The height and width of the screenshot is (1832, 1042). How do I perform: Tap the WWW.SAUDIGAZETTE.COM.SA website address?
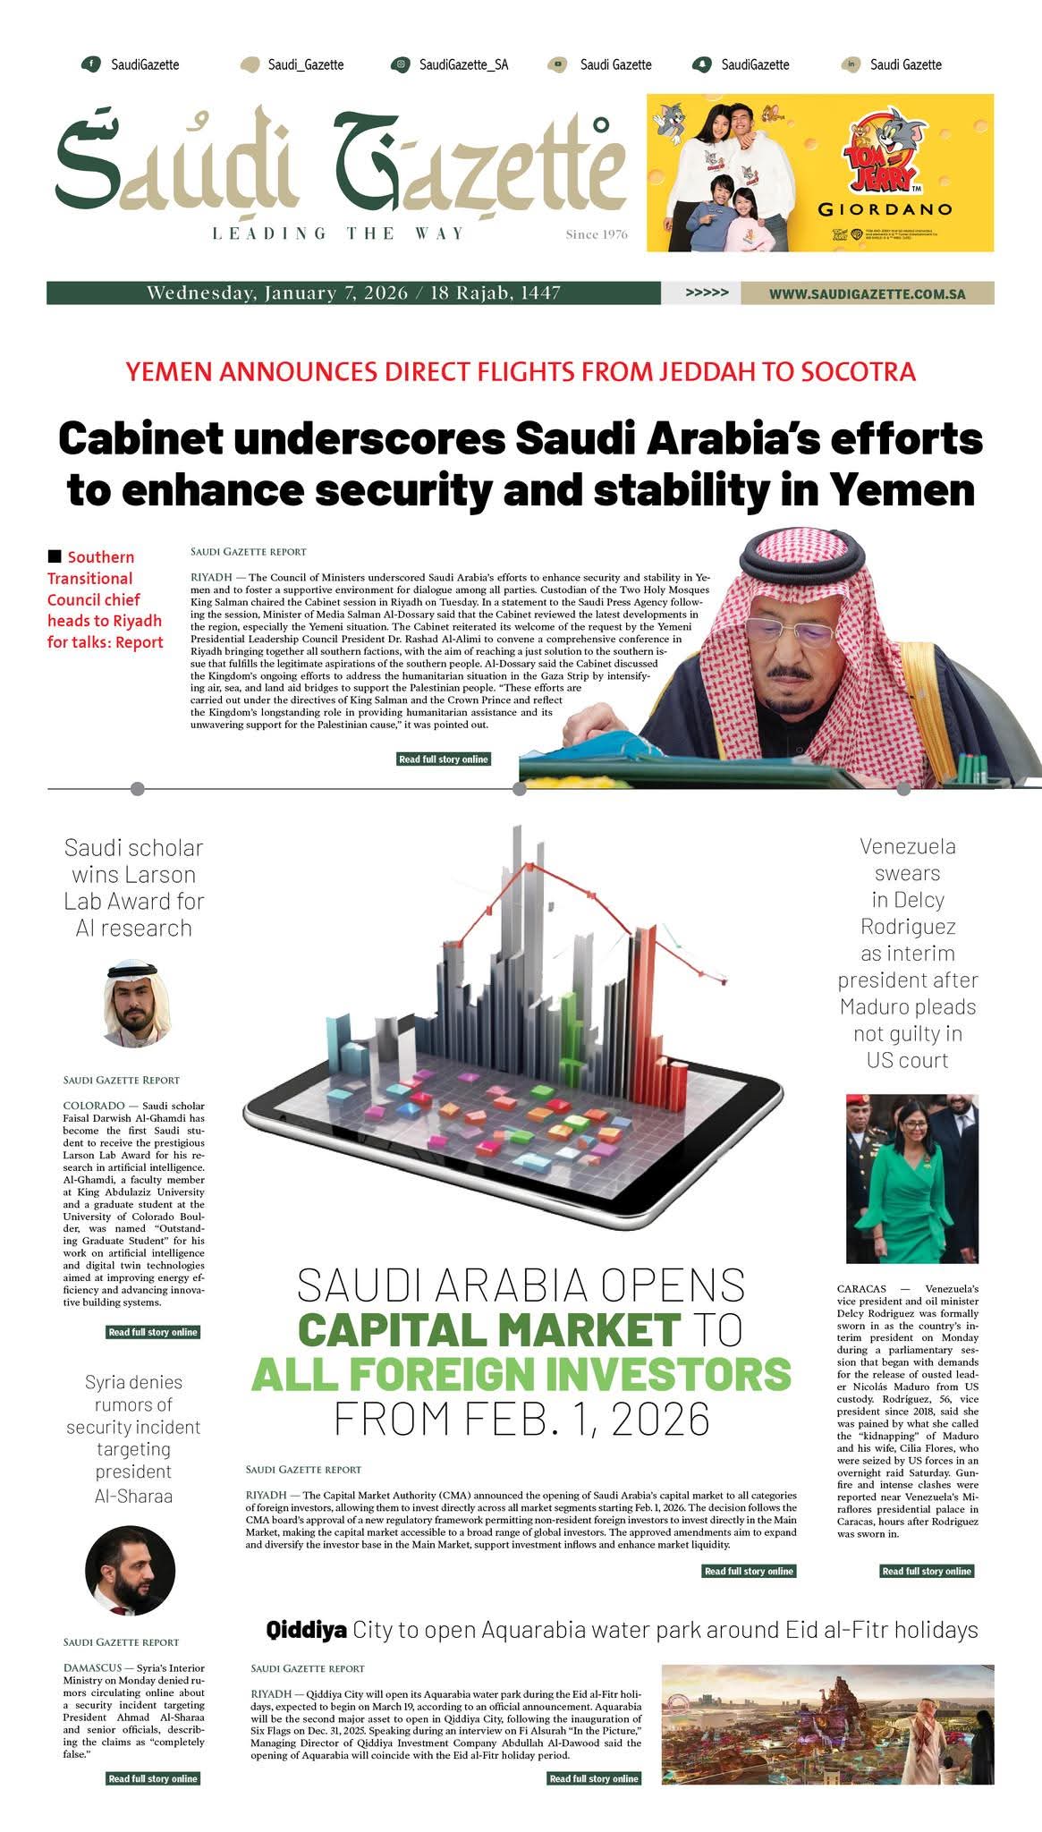(x=867, y=293)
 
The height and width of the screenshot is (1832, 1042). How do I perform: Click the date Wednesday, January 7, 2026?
(x=277, y=293)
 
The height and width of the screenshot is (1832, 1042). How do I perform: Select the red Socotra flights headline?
(x=521, y=371)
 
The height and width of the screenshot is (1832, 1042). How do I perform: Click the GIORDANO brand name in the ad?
(x=885, y=210)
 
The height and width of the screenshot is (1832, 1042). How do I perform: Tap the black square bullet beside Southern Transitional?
(x=55, y=556)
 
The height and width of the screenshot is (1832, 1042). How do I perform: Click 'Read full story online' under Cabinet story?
(x=444, y=759)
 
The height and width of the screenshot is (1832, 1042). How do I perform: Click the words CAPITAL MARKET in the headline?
(x=488, y=1329)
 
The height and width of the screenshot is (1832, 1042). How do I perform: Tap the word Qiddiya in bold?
(x=306, y=1631)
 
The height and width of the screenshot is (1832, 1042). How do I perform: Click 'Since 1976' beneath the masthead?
(x=597, y=235)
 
